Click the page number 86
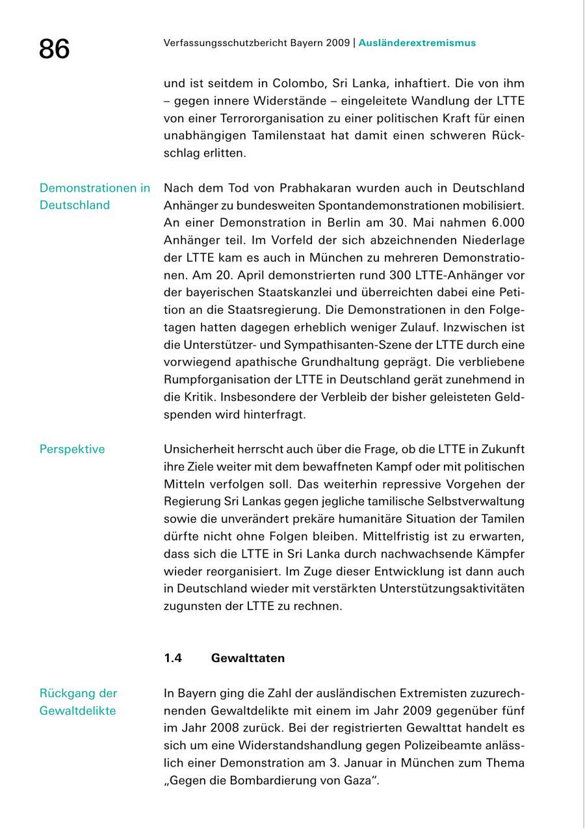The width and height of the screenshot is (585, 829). [x=54, y=49]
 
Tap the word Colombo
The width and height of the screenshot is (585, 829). [x=300, y=84]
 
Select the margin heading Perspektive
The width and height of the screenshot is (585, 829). [x=72, y=450]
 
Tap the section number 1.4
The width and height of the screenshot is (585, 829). [x=173, y=659]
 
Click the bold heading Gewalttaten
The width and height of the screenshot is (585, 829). [x=248, y=659]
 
